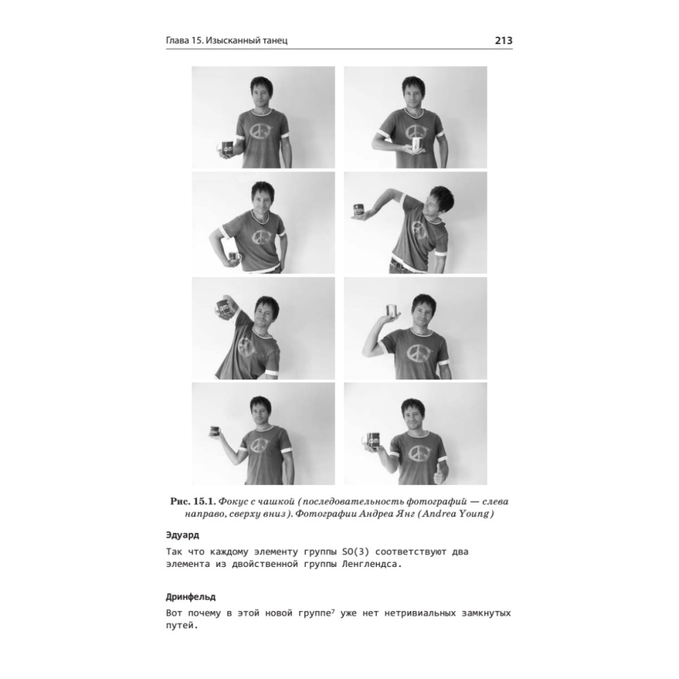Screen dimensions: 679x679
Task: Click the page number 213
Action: (504, 40)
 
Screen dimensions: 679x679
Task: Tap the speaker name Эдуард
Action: (183, 535)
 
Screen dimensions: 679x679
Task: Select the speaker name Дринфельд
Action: (191, 597)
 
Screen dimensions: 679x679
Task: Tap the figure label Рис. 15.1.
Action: (193, 502)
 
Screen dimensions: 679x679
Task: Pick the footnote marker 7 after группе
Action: (333, 611)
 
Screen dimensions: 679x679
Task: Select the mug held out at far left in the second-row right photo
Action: (359, 210)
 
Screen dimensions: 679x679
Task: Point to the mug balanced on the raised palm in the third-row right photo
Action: (392, 310)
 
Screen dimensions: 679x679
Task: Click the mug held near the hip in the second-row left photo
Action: (233, 257)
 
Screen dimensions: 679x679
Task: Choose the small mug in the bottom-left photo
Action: (215, 431)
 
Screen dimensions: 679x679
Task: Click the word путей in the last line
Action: (181, 626)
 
